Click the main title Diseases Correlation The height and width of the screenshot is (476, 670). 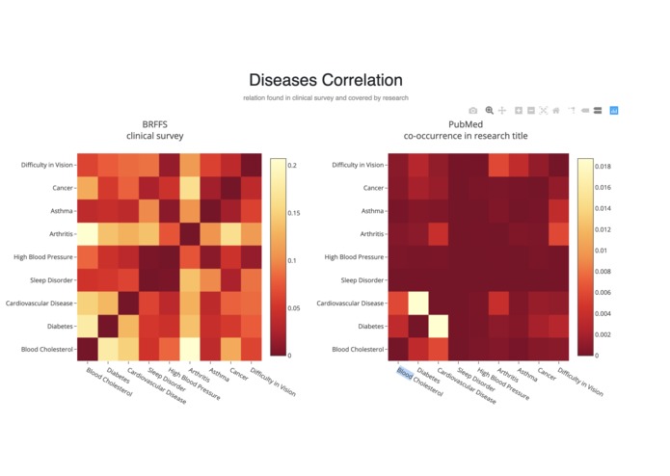326,80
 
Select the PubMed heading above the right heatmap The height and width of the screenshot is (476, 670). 466,124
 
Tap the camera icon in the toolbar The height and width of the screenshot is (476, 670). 472,111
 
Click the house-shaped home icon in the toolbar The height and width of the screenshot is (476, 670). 556,111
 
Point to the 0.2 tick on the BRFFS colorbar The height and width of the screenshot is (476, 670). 291,166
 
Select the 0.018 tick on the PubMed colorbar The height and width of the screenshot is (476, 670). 601,167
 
